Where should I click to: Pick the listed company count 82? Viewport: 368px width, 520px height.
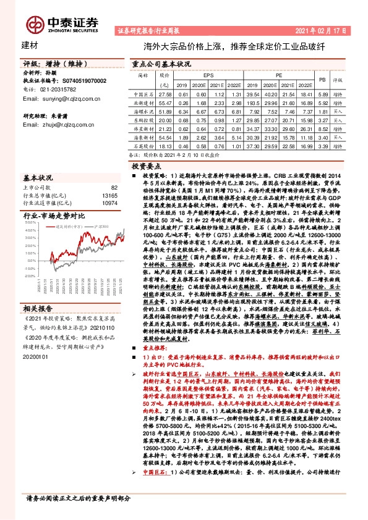coord(114,187)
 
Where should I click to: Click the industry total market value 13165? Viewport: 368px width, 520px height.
coord(110,195)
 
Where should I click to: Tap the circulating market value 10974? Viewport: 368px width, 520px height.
coord(110,203)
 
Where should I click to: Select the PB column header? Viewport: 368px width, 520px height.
coord(322,79)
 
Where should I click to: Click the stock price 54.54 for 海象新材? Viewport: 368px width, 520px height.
coord(165,139)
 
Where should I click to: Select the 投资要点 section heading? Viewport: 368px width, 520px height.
coord(146,167)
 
